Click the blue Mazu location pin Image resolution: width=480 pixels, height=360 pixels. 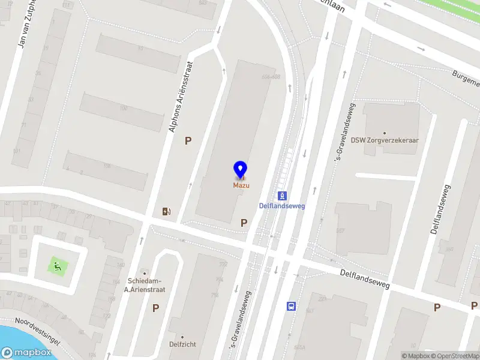[x=240, y=170]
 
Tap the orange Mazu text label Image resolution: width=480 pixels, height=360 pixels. [x=241, y=185]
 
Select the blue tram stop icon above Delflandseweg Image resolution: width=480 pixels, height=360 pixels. [x=282, y=196]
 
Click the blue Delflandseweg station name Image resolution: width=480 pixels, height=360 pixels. [x=282, y=206]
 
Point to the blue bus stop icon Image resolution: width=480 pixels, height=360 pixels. [x=292, y=306]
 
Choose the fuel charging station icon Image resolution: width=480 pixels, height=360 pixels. [x=166, y=211]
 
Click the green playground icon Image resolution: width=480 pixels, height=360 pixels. [x=56, y=265]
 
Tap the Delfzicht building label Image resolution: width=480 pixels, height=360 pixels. [x=183, y=344]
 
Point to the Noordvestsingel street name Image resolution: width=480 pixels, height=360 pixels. [x=38, y=331]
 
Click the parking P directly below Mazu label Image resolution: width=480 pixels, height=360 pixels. [x=244, y=223]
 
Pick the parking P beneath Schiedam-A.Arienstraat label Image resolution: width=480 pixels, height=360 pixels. [x=155, y=308]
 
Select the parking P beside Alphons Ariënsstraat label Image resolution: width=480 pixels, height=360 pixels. [x=188, y=140]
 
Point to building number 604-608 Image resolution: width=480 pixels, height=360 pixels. [x=271, y=77]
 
